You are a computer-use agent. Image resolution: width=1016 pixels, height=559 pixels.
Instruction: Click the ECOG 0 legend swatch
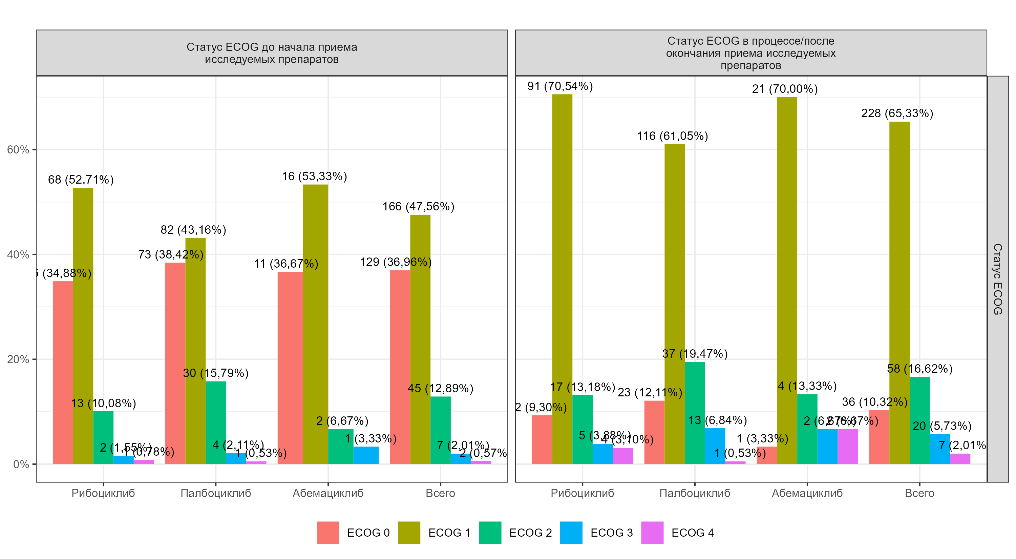coord(328,533)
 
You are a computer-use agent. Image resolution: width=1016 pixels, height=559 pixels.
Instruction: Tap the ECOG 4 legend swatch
coord(652,533)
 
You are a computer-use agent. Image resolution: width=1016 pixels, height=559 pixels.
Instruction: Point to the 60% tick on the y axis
coord(18,149)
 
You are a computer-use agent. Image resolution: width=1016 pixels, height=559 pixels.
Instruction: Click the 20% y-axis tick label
coord(18,359)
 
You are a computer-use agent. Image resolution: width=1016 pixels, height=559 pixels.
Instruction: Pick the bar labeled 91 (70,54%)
coord(562,276)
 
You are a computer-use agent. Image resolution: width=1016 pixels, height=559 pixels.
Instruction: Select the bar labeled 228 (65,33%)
coord(899,292)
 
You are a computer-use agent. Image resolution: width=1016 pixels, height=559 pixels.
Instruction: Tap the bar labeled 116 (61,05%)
coord(674,304)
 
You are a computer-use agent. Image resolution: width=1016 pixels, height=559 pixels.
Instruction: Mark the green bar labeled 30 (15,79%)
coord(216,422)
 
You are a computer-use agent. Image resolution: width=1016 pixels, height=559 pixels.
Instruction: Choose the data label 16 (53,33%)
coord(314,177)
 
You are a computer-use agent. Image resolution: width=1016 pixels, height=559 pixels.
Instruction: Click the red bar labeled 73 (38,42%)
coord(175,363)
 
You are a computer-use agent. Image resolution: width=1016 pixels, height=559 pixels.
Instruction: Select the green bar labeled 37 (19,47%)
coord(695,413)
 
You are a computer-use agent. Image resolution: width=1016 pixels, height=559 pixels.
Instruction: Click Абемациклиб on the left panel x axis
coord(328,493)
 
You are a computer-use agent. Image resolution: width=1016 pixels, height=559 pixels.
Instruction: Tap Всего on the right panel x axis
coord(919,493)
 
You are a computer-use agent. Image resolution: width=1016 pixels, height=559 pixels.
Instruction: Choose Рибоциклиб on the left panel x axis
coord(103,493)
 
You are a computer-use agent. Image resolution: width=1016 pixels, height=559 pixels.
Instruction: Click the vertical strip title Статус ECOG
coord(997,279)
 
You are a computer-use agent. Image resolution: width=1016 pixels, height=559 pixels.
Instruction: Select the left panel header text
coord(272,53)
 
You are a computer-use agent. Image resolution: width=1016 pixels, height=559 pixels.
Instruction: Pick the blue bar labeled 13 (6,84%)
coord(715,446)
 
